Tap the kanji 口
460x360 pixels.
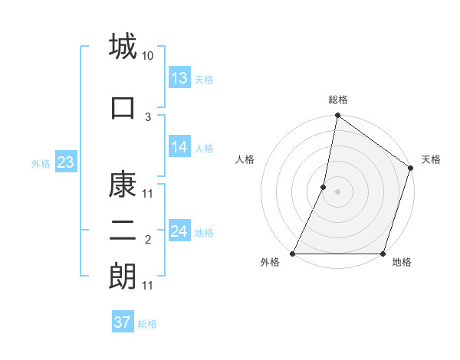(123, 107)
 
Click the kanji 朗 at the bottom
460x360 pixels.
(123, 276)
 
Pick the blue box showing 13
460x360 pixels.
(179, 78)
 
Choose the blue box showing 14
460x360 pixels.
(179, 147)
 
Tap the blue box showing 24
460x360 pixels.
(179, 231)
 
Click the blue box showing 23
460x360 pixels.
(65, 162)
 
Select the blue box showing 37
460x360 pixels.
(123, 322)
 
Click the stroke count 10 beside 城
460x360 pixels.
(148, 56)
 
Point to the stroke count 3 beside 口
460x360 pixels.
(148, 116)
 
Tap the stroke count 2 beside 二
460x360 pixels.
(148, 241)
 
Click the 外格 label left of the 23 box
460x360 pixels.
(41, 163)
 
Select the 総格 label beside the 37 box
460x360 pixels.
(148, 324)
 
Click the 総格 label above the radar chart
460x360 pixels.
(337, 100)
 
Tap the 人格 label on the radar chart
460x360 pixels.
(245, 159)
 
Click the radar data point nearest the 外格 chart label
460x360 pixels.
(293, 254)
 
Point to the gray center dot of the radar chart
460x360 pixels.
(337, 191)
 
